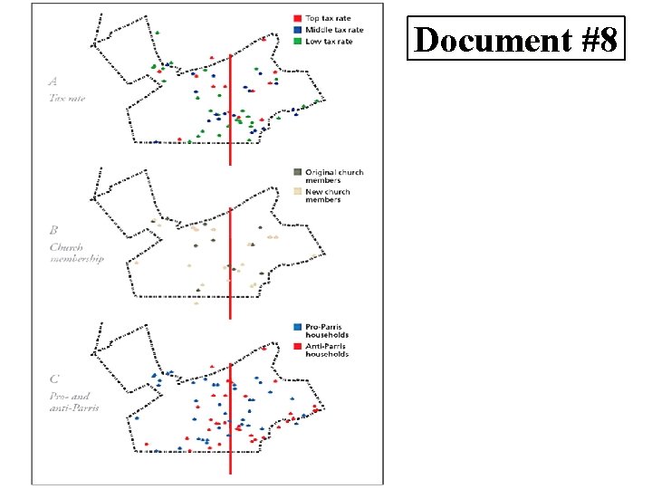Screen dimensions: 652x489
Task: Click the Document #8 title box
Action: coord(516,39)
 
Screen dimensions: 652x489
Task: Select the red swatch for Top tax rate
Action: coord(297,18)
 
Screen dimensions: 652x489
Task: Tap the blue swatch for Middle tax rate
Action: coord(297,30)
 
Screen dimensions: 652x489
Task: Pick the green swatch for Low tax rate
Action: coord(297,42)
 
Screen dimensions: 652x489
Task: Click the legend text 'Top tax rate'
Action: coord(328,18)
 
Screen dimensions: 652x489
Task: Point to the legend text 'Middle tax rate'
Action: coord(334,30)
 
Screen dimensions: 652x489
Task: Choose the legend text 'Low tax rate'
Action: coord(329,42)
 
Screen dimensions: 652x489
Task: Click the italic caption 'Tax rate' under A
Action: coord(67,98)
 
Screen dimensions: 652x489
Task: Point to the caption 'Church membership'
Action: coord(76,252)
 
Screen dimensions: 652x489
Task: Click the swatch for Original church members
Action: coord(297,172)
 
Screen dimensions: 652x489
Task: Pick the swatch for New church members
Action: coord(297,191)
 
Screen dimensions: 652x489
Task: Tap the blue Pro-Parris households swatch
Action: coord(297,326)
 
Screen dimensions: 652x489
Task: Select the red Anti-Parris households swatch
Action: coord(297,345)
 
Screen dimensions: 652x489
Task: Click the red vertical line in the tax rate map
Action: coord(230,109)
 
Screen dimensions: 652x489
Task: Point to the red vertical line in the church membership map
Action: coord(230,263)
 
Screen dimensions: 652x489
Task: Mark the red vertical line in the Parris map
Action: coord(230,417)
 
